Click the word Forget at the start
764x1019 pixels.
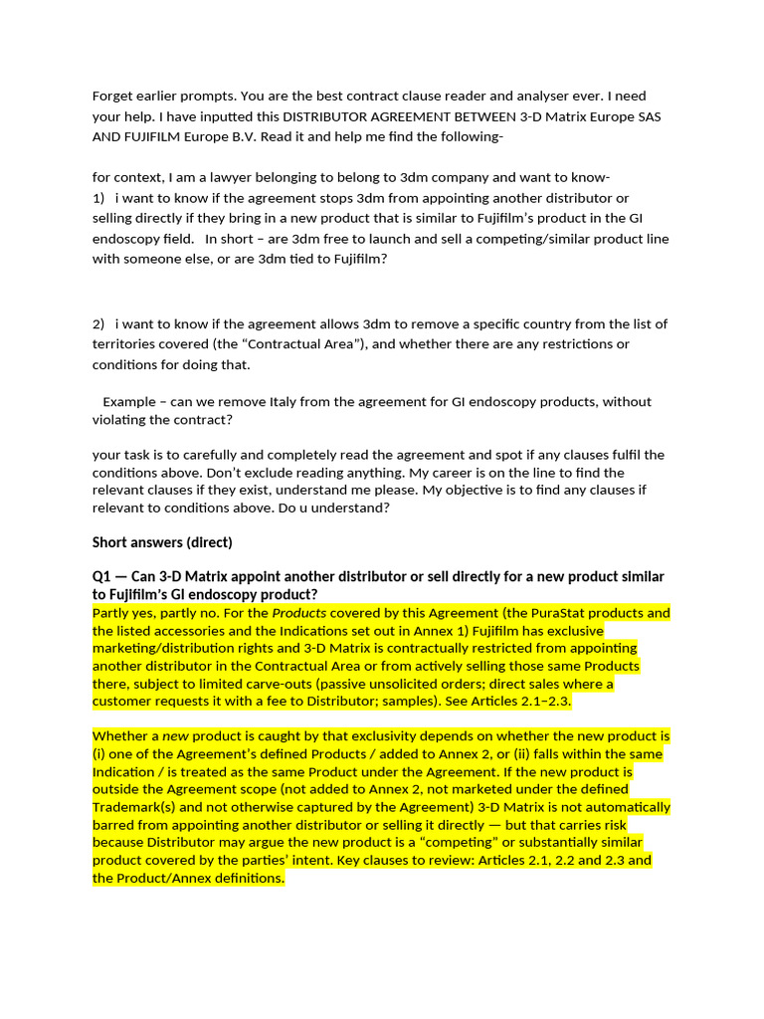[114, 97]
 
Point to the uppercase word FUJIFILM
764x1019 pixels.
[153, 135]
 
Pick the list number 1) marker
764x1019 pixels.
[98, 198]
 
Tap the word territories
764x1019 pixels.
[125, 344]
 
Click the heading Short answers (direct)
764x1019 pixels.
[162, 542]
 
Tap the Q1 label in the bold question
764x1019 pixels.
[103, 577]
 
